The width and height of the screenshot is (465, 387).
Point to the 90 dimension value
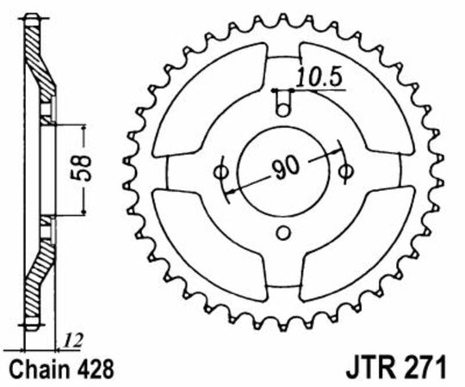[281, 168]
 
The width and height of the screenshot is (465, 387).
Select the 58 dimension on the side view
[75, 168]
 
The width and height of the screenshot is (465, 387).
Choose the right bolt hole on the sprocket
[346, 170]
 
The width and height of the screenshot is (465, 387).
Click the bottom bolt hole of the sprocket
[283, 230]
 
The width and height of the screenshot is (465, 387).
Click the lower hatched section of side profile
[38, 275]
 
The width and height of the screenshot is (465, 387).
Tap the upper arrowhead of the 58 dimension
[84, 126]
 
